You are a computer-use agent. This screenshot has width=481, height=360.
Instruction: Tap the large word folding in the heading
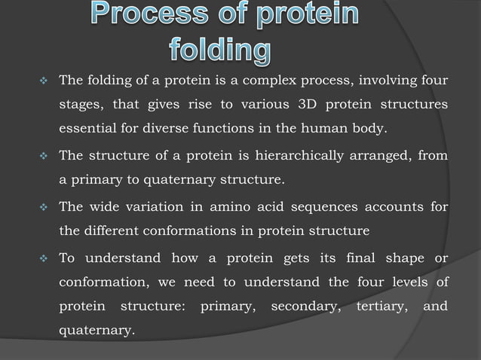click(219, 51)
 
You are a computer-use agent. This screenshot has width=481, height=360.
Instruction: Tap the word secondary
click(301, 307)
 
